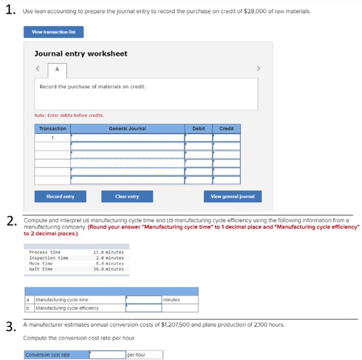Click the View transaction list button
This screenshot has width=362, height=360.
[53, 32]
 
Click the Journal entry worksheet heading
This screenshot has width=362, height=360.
[81, 54]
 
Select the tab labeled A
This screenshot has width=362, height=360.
[57, 69]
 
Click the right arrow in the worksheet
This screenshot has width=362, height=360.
[259, 68]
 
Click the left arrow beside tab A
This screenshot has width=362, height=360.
[38, 69]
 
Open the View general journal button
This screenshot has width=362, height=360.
[233, 197]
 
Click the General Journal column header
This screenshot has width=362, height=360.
[127, 129]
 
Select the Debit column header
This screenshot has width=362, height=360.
[198, 129]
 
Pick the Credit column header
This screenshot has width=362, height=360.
[226, 129]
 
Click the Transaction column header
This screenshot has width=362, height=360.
[53, 129]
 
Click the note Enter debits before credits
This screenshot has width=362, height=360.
[69, 115]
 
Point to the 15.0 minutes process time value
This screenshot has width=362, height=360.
[108, 252]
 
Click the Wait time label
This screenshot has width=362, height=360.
[41, 269]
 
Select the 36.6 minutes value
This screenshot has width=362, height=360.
[108, 269]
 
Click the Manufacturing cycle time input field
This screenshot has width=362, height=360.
[143, 300]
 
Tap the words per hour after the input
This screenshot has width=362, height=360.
[136, 355]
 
